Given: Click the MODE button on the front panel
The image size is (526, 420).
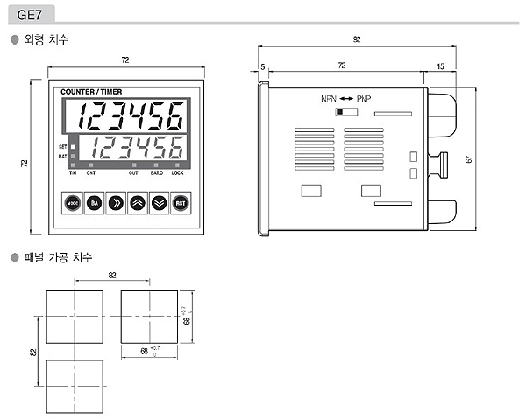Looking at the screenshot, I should (x=73, y=203).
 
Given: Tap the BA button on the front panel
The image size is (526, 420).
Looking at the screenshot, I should (x=94, y=203).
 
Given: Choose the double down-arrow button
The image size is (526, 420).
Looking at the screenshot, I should (x=159, y=203).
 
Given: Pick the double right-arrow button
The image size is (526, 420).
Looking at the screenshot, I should (x=116, y=203).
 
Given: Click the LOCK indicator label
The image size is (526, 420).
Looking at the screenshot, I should (x=178, y=173).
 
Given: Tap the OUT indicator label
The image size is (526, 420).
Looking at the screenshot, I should (x=133, y=173).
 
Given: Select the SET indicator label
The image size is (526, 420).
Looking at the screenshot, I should (x=62, y=145).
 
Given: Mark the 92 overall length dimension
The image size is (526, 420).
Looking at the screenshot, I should (x=357, y=38).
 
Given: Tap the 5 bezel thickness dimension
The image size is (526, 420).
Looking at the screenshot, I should (x=262, y=66).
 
